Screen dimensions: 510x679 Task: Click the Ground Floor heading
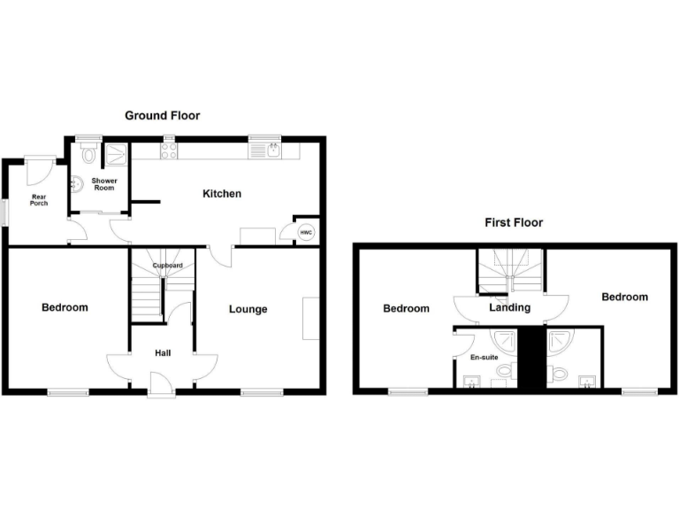click(x=162, y=116)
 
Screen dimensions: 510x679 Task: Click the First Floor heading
click(x=513, y=223)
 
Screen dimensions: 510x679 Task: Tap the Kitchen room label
click(x=222, y=194)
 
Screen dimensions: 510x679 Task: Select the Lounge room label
click(x=248, y=309)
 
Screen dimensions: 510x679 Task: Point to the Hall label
click(x=163, y=353)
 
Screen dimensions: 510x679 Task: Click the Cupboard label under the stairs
click(x=167, y=266)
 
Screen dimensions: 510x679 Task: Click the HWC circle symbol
click(x=306, y=233)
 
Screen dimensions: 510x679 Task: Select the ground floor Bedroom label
click(x=65, y=308)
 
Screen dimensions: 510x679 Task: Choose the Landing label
click(x=510, y=308)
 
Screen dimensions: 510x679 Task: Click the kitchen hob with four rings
click(x=168, y=152)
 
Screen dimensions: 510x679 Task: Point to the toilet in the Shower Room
click(x=88, y=156)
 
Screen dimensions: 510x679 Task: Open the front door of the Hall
click(x=162, y=384)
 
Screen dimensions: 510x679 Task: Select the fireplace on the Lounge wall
click(x=310, y=319)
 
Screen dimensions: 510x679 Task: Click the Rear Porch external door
click(x=40, y=166)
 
